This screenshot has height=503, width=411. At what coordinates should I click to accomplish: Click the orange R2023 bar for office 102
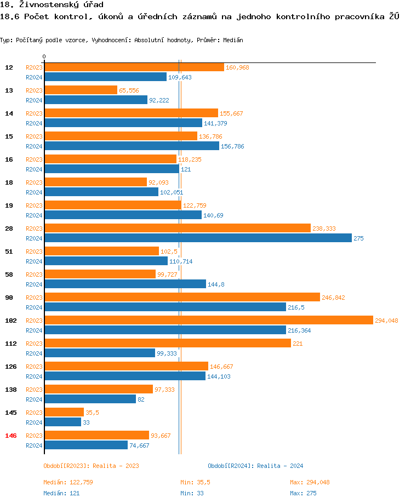click(208, 321)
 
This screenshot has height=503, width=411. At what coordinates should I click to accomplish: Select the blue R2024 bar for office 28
click(198, 238)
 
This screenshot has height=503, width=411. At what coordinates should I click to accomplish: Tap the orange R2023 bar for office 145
click(64, 413)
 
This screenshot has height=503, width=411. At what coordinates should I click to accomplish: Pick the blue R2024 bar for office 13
click(96, 100)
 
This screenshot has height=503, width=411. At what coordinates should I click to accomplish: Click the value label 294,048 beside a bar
click(386, 321)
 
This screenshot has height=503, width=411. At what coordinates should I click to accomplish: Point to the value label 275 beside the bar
click(358, 238)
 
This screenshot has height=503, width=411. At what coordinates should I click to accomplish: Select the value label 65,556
click(129, 90)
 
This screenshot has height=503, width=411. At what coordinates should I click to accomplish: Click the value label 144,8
click(216, 284)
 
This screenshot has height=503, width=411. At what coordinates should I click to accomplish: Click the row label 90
click(9, 298)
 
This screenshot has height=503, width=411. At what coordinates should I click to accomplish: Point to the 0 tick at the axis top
click(44, 56)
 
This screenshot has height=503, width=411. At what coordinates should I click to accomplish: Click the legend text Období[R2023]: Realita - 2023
click(91, 466)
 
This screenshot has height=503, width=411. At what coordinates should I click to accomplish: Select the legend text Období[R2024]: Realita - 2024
click(255, 466)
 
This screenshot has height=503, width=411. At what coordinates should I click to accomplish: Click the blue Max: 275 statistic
click(303, 493)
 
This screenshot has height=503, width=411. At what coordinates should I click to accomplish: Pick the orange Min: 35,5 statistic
click(195, 482)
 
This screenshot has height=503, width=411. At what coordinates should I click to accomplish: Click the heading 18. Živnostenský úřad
click(52, 5)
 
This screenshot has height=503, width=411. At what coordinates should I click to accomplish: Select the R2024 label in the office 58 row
click(34, 284)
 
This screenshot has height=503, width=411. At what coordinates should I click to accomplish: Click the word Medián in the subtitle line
click(233, 40)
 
